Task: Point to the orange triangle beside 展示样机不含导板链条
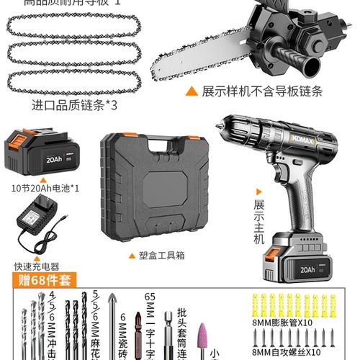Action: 192,92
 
